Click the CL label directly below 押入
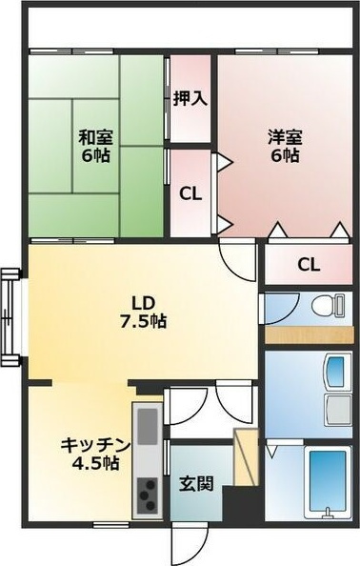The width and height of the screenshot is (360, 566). click(190, 192)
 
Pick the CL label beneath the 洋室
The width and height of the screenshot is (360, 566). click(308, 264)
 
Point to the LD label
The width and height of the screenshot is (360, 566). click(144, 301)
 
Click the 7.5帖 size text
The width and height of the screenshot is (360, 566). click(144, 321)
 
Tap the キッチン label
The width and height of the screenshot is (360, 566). click(93, 444)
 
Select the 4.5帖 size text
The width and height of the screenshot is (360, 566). click(93, 464)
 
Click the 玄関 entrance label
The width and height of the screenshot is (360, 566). click(195, 483)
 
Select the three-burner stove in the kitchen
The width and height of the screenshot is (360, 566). click(148, 494)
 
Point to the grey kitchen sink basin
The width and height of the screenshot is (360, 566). click(148, 422)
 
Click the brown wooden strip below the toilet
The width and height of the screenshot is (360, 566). click(309, 334)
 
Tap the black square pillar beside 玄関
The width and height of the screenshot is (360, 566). click(238, 502)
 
